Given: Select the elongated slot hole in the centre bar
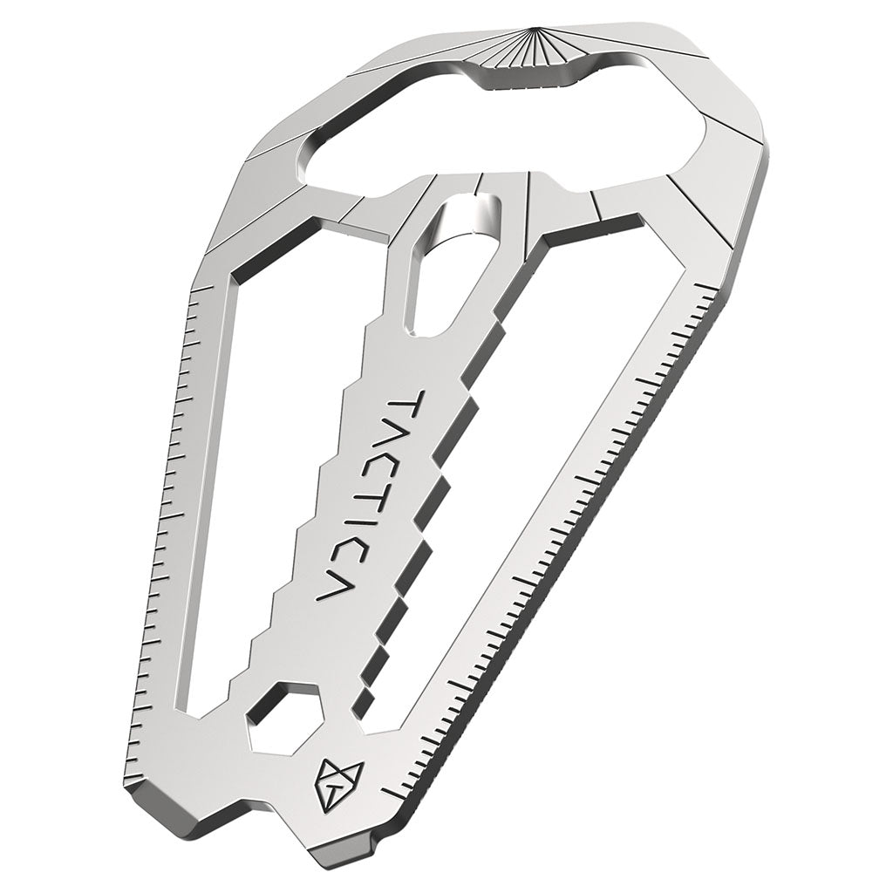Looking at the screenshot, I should (450, 265).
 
